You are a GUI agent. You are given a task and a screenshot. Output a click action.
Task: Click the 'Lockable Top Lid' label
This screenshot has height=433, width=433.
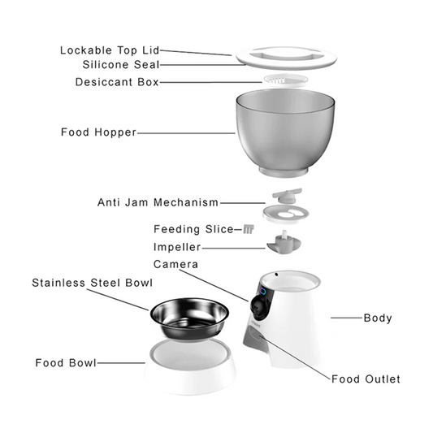(110, 50)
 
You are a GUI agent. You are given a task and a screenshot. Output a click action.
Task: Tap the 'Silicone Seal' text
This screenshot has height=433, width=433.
(121, 65)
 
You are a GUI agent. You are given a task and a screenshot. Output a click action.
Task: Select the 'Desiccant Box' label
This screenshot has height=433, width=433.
(117, 82)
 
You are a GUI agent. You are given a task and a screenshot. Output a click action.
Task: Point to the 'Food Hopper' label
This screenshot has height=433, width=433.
(98, 132)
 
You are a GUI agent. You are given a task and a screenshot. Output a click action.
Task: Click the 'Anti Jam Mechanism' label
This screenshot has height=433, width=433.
(158, 202)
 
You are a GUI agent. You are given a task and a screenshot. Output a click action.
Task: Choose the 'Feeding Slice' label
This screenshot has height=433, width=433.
(193, 229)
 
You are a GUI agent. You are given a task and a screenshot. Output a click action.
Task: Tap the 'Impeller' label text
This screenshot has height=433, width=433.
(177, 247)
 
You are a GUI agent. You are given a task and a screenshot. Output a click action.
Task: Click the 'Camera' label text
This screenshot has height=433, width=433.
(175, 264)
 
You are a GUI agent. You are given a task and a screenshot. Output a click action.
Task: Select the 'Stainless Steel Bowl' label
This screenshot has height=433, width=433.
(93, 283)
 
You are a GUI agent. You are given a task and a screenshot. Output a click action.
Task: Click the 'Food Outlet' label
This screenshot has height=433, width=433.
(366, 379)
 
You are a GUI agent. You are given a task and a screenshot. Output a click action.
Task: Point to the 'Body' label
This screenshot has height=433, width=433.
(378, 318)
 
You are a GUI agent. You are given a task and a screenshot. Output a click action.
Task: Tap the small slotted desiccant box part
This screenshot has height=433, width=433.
(286, 80)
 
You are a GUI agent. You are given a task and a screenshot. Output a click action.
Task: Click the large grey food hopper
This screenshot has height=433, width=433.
(285, 132)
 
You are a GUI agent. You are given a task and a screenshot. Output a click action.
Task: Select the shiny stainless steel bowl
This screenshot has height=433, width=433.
(189, 318)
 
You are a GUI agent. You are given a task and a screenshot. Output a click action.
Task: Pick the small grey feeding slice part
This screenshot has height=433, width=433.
(249, 229)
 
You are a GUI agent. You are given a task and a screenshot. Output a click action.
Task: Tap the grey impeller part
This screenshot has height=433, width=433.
(284, 244)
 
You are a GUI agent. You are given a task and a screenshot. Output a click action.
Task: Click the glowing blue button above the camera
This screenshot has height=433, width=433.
(263, 292)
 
